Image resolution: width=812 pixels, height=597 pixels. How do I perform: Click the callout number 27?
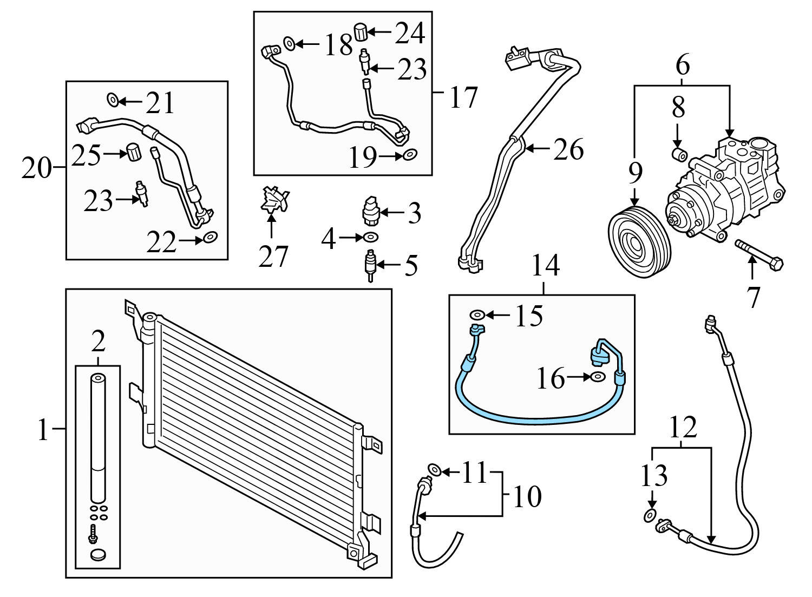click(273, 256)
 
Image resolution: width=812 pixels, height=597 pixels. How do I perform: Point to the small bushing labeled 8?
click(679, 154)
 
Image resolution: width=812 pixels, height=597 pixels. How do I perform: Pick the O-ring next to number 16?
click(598, 377)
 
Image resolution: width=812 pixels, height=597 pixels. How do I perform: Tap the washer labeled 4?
click(371, 237)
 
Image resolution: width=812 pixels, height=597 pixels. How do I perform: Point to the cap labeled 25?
click(133, 152)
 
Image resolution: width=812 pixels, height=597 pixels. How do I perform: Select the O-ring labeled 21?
click(112, 100)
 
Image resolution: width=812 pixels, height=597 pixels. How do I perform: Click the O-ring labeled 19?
click(410, 156)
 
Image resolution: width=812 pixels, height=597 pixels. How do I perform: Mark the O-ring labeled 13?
click(650, 516)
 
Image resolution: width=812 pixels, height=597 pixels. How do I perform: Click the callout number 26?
click(568, 150)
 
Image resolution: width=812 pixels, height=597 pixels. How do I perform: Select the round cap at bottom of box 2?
click(97, 555)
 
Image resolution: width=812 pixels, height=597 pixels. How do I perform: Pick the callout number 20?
click(35, 169)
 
